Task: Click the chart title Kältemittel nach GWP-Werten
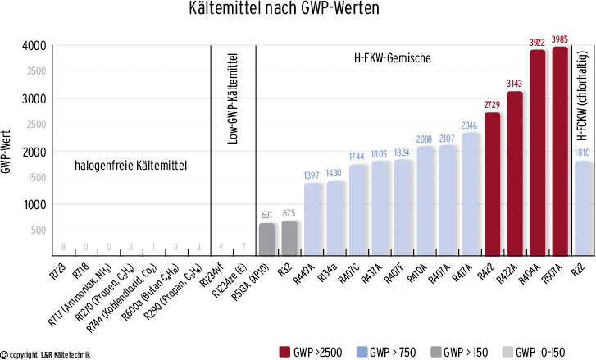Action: coord(298,12)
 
